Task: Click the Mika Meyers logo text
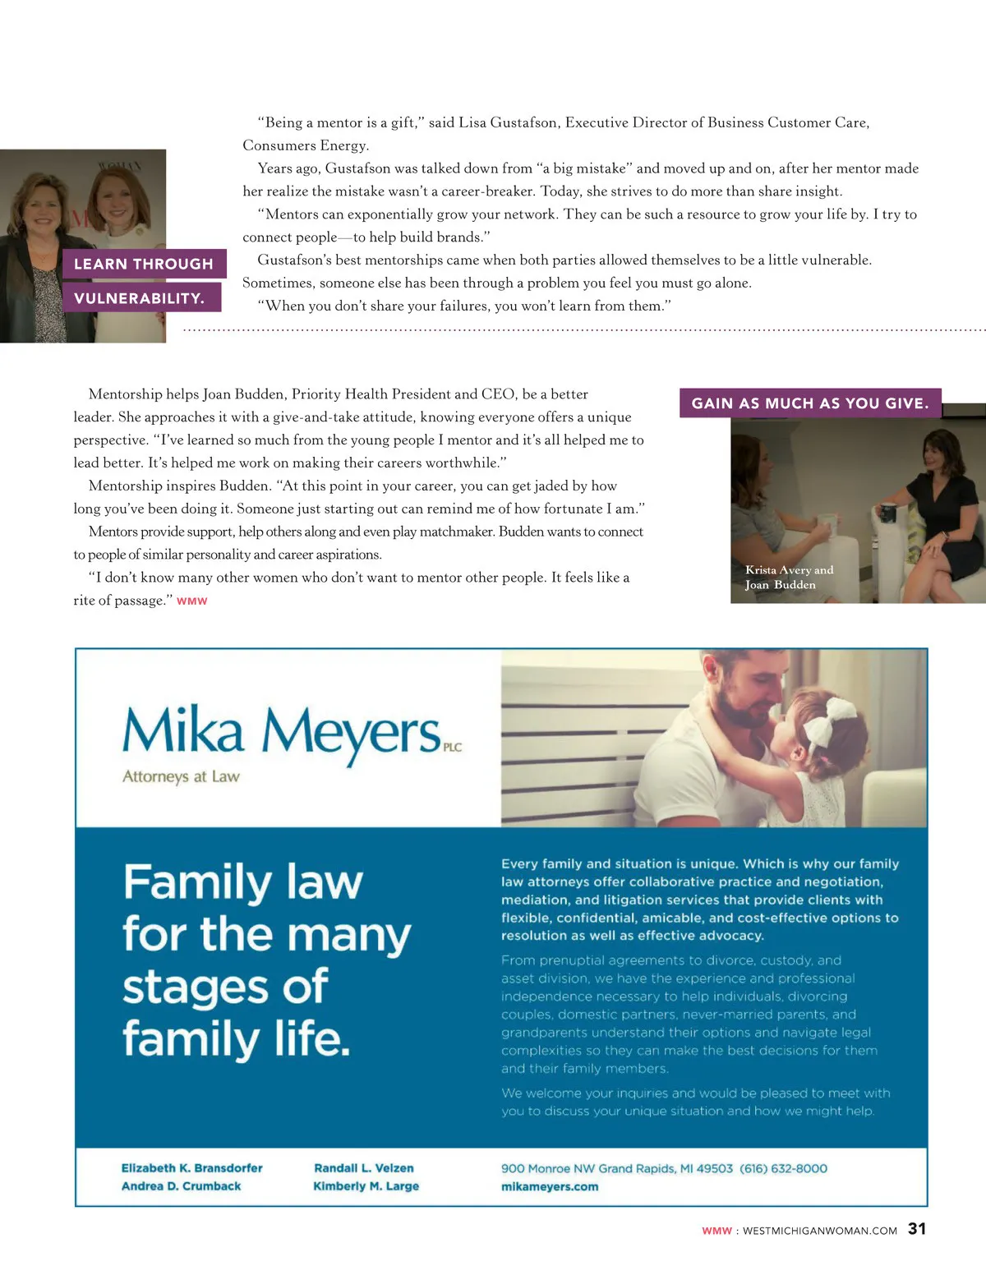pos(282,731)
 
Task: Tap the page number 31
pos(917,1229)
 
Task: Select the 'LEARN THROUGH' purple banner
pos(144,264)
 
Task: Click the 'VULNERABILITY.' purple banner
pos(140,298)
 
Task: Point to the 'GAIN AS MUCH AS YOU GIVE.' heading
pos(810,403)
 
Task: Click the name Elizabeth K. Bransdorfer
pos(192,1168)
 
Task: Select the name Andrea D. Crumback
pos(182,1186)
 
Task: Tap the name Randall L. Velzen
pos(364,1168)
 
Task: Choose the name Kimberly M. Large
pos(366,1186)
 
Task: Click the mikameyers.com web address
pos(550,1187)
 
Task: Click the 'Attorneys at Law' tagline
pos(181,776)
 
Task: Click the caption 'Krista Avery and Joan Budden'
pos(789,578)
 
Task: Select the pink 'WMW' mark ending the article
pos(192,601)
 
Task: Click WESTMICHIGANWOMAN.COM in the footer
pos(819,1231)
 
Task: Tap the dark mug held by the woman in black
pos(887,514)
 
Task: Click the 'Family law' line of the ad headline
pos(243,883)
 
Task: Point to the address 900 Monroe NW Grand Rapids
pos(616,1168)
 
